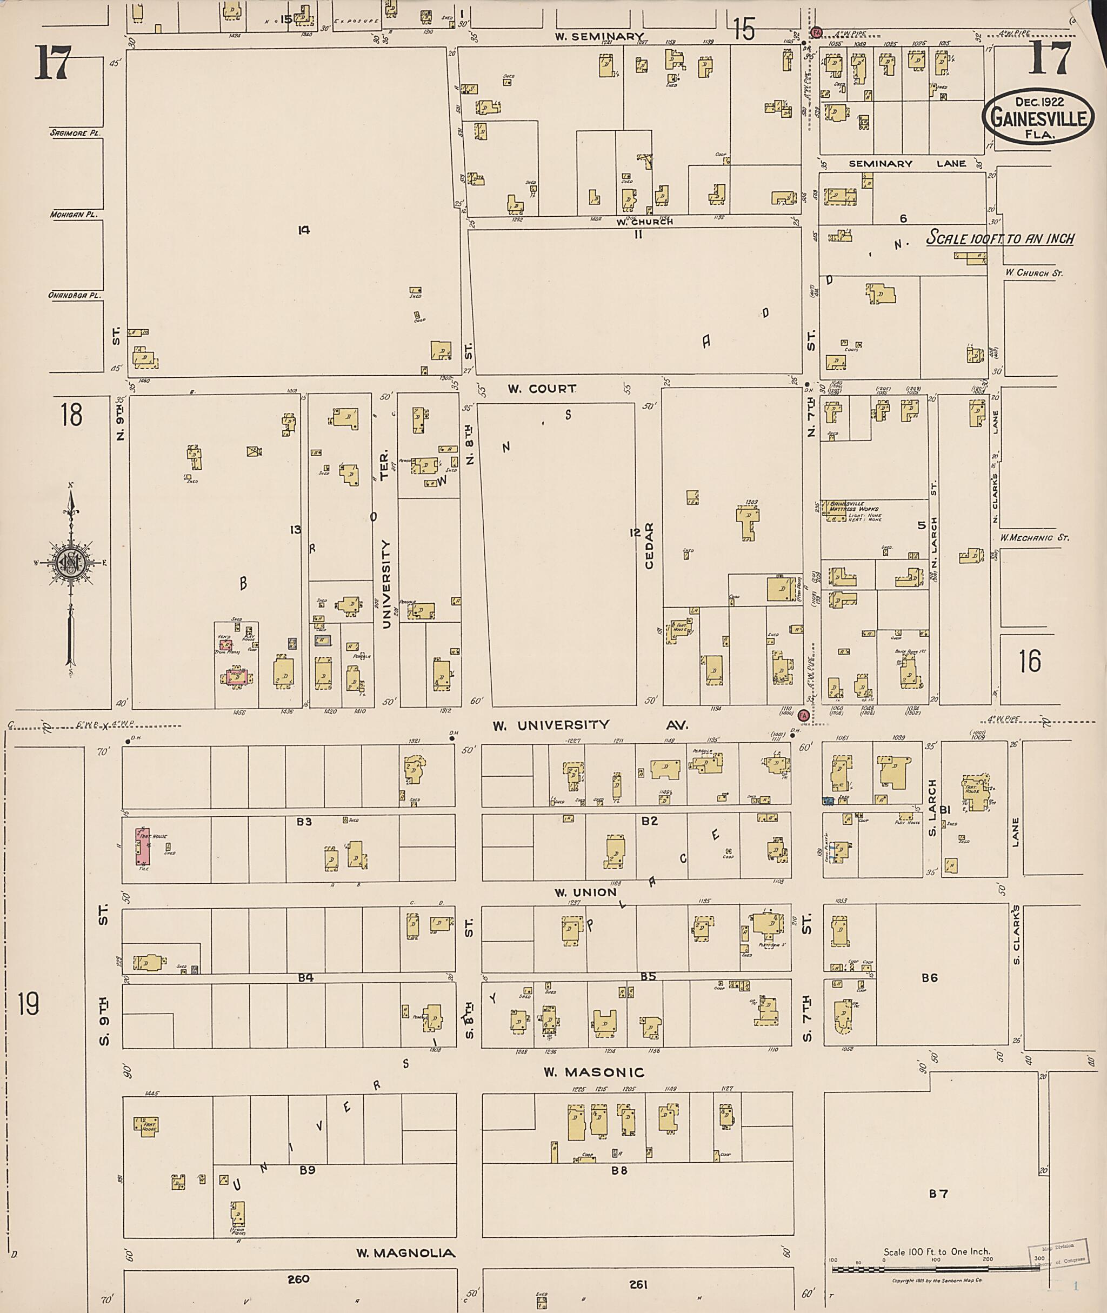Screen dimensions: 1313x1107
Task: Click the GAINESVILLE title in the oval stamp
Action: [1038, 117]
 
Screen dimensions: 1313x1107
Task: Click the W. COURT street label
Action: [542, 389]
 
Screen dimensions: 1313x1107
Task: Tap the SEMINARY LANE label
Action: [907, 164]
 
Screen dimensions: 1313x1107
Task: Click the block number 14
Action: [304, 230]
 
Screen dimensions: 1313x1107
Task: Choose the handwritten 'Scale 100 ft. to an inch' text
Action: [1001, 239]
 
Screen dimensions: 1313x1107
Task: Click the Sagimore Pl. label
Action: [76, 133]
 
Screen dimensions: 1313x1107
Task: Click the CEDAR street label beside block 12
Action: [649, 545]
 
